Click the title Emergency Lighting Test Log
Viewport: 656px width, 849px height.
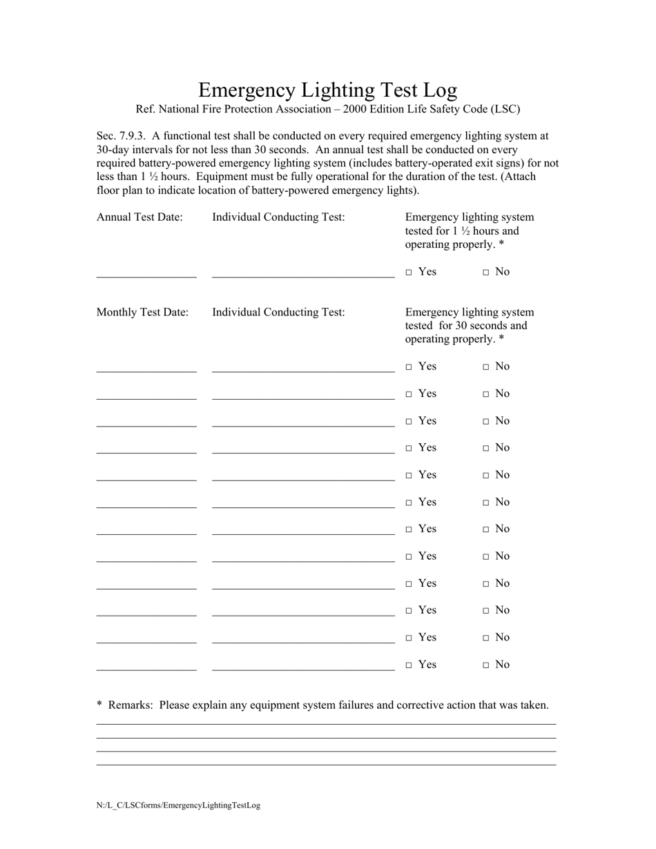(x=327, y=90)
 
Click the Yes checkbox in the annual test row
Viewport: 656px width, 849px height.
(x=409, y=273)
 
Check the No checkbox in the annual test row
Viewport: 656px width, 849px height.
(x=486, y=273)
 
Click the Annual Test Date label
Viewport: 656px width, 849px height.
(x=139, y=217)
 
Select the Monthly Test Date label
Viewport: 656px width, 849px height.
(x=142, y=312)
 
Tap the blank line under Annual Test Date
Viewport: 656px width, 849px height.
(x=146, y=276)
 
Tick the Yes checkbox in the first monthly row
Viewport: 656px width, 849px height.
(x=409, y=367)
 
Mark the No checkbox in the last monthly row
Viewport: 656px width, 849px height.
(x=486, y=665)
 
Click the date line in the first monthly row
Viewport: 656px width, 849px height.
(x=146, y=371)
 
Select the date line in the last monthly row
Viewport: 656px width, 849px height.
(x=146, y=670)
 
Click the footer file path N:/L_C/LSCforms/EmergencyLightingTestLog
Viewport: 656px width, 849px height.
(x=178, y=805)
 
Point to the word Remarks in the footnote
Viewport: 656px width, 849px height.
(x=131, y=705)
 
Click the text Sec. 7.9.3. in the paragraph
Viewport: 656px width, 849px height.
(x=122, y=136)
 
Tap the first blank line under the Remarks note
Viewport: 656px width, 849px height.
(x=326, y=724)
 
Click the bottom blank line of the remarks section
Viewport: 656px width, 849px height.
(x=326, y=764)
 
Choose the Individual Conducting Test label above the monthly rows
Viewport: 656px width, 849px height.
(x=278, y=312)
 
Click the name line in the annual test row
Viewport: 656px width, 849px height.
(x=303, y=276)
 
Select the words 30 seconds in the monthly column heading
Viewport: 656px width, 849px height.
(x=482, y=325)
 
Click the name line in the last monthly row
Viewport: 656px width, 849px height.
(x=303, y=670)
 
